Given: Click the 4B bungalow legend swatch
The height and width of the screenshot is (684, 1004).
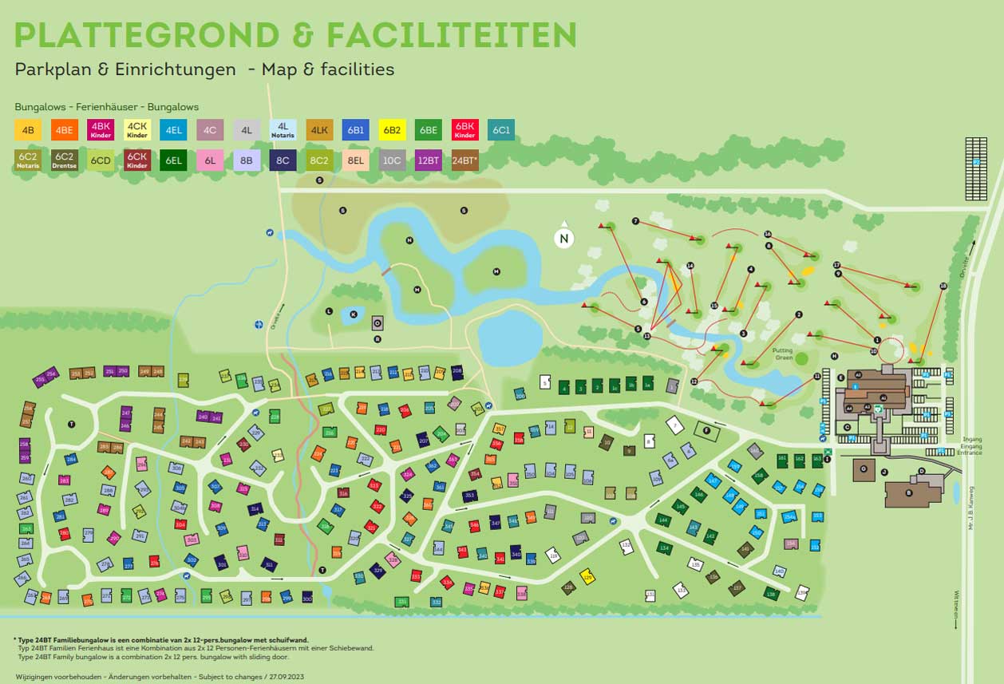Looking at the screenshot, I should [28, 130].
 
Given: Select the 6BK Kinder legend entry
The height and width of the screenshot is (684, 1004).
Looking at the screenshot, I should [464, 130].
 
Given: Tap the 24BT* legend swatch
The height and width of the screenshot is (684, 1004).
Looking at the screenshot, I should [464, 160].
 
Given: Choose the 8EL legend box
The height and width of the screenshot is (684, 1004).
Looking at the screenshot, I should [355, 160].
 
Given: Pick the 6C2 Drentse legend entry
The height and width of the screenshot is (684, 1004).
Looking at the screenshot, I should [64, 160].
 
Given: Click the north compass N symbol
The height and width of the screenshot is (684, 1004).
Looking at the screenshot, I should [564, 238].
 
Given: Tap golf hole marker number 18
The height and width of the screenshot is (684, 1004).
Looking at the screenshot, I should [943, 286].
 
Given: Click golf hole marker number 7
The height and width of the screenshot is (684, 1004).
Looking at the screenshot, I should [635, 221].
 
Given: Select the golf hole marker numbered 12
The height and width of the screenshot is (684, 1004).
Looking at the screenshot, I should [694, 382].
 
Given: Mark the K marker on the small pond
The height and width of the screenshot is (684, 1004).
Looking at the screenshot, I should [353, 314].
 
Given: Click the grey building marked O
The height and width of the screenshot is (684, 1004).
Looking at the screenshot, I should [377, 323].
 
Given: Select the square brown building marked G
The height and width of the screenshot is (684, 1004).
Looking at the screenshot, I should [864, 469].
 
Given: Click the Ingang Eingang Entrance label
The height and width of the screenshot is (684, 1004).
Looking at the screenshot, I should [972, 445].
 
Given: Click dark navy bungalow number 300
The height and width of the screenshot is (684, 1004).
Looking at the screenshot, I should [307, 598].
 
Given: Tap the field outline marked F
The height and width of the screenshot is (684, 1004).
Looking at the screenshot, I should [706, 432].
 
